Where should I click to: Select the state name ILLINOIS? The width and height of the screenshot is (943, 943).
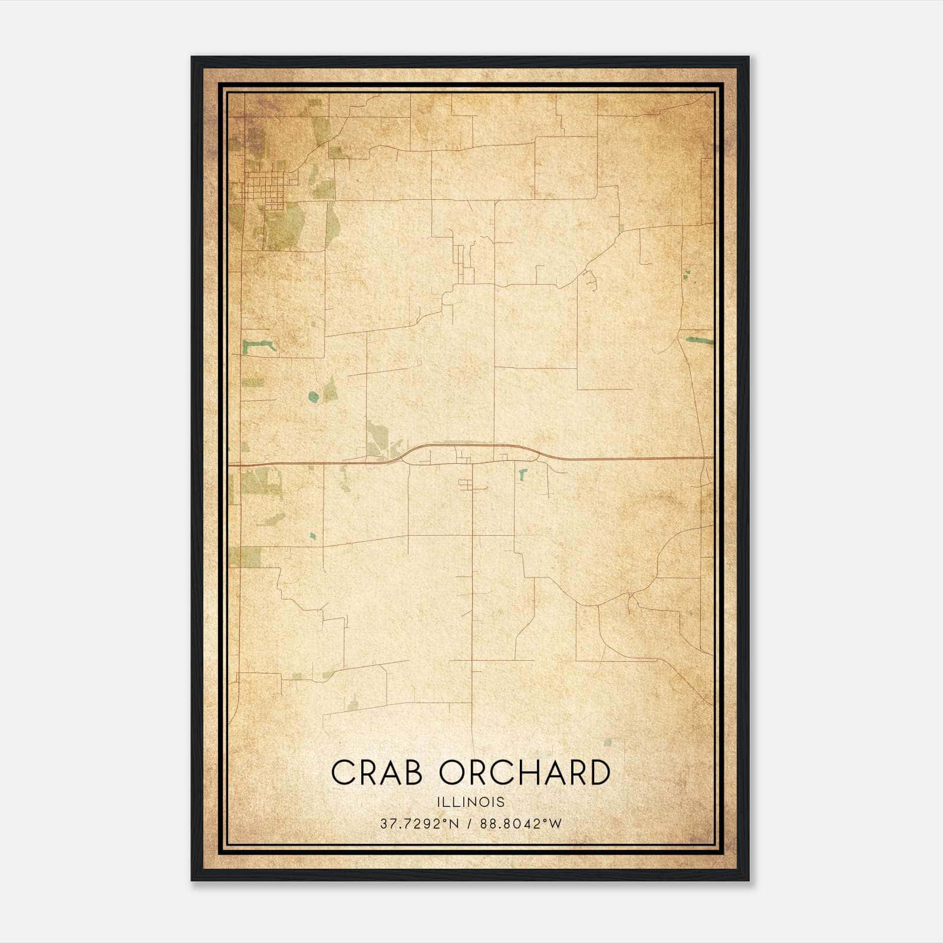(x=471, y=802)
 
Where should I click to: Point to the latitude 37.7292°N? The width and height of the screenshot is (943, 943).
(x=419, y=824)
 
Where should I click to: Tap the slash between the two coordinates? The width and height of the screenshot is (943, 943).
(x=469, y=824)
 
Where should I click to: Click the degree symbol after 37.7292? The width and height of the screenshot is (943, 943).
(x=446, y=820)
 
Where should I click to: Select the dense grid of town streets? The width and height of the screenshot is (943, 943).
(x=263, y=190)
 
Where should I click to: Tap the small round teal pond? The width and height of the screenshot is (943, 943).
(x=313, y=397)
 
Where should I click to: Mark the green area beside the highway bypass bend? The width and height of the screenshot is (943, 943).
(x=378, y=439)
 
